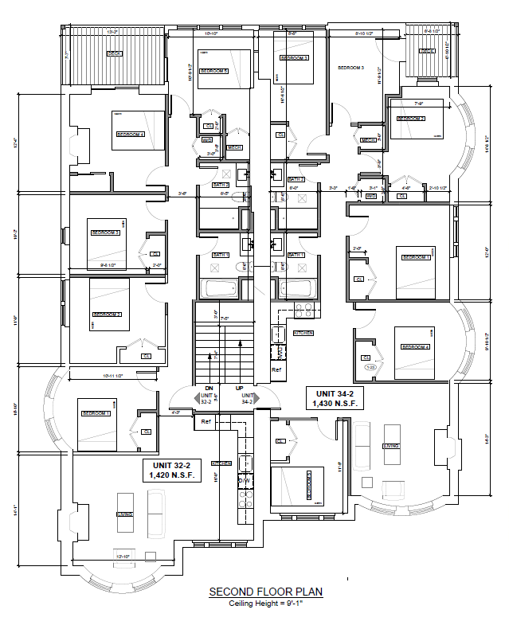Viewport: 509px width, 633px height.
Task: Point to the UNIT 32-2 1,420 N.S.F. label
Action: [174, 470]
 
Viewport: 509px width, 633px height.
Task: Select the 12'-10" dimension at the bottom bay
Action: [123, 556]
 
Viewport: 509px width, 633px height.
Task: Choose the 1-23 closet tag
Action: [369, 367]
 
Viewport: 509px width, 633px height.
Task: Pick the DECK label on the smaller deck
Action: [427, 52]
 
